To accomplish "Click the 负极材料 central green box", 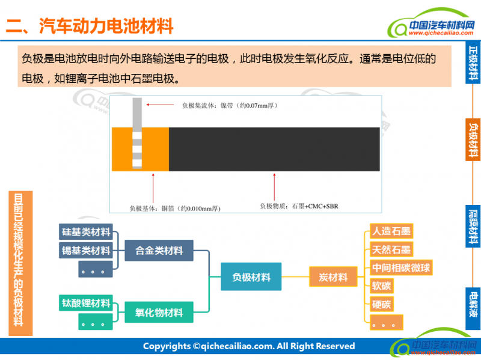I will click(x=251, y=277).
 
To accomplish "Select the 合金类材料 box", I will click(x=159, y=250).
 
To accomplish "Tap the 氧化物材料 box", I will click(x=159, y=313).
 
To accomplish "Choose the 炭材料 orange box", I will click(x=332, y=277).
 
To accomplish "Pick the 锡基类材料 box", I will click(x=86, y=251).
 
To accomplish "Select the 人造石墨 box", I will click(x=391, y=231).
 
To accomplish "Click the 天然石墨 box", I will click(x=391, y=249).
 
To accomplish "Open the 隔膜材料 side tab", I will click(x=474, y=226).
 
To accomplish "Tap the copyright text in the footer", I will click(x=248, y=346).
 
